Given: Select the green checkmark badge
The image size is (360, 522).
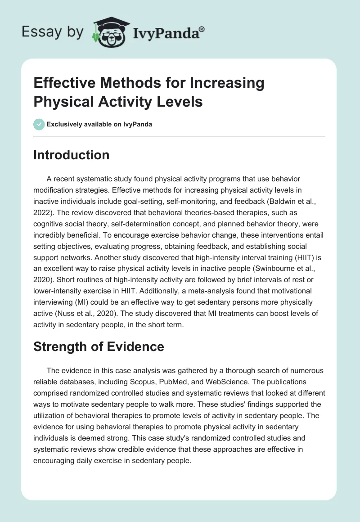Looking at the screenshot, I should pos(39,124).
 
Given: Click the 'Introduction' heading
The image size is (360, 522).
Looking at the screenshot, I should pos(72,155).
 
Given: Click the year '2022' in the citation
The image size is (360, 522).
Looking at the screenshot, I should pos(43,211).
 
